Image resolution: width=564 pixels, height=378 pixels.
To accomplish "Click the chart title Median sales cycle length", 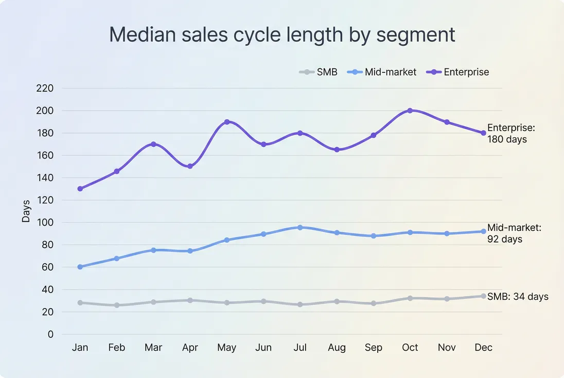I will point(282,35).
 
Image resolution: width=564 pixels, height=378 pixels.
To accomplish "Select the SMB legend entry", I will point(319,72).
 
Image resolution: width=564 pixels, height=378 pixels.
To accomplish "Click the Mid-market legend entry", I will point(384,72).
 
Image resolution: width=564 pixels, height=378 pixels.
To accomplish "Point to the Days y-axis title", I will point(26,211).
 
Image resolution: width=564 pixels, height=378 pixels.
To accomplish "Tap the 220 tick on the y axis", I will point(45,88).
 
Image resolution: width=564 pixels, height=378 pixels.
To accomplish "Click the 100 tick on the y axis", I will point(45,223).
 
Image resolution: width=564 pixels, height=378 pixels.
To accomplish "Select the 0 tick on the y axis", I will point(50,334).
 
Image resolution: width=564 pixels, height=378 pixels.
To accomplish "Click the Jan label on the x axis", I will point(80,348).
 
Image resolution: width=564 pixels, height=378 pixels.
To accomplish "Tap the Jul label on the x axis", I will point(300,348).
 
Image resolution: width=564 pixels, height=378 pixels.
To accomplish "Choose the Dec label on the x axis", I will point(483,348).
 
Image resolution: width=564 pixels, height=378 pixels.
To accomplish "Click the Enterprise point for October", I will point(410,111).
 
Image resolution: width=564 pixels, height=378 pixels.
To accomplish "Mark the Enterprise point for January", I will point(80,189).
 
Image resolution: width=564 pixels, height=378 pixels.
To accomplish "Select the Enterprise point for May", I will point(226,122).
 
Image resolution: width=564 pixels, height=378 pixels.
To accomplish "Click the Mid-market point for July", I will point(300,227).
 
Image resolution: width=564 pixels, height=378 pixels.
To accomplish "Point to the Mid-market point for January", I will point(80,267).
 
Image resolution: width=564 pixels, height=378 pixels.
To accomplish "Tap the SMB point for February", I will point(117,305).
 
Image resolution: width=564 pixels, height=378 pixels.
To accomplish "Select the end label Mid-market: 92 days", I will point(514,233).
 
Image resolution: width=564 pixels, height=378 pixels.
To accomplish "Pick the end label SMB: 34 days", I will point(518,297).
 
